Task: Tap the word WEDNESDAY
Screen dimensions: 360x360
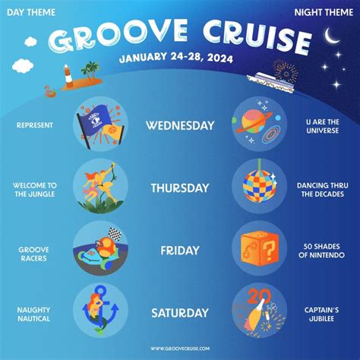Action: (x=180, y=126)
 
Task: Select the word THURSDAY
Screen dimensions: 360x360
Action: (x=180, y=188)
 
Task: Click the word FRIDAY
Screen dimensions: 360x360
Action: (x=180, y=251)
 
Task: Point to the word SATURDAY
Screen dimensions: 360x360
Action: (x=180, y=313)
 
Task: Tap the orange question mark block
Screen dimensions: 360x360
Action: (x=260, y=248)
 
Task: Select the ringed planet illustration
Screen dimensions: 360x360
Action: (x=254, y=123)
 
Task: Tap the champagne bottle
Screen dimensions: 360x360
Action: (x=255, y=314)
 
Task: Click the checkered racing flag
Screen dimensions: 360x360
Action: (x=115, y=234)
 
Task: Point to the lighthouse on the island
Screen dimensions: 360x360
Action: (x=68, y=75)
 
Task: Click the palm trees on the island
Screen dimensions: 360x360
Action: (x=90, y=69)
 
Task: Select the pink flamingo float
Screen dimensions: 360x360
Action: (x=50, y=92)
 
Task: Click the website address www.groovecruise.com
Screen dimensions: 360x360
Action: (x=180, y=349)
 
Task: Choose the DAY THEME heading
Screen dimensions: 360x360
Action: (x=31, y=12)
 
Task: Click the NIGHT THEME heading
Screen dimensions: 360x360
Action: (x=324, y=12)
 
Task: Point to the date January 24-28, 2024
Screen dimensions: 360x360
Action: (x=176, y=58)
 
